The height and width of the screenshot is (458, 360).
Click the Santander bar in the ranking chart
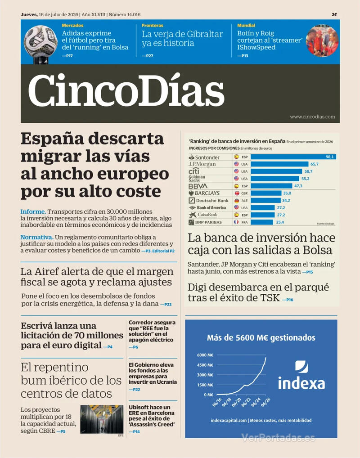pyautogui.click(x=293, y=157)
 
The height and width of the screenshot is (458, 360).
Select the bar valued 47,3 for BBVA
pyautogui.click(x=271, y=186)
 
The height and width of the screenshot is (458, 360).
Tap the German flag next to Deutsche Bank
pyautogui.click(x=236, y=200)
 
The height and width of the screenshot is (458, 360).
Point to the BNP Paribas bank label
pyautogui.click(x=205, y=222)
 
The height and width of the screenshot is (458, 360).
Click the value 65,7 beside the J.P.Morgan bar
pyautogui.click(x=315, y=164)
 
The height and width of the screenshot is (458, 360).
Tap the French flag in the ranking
pyautogui.click(x=236, y=222)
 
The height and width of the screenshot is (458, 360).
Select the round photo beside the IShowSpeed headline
pyautogui.click(x=322, y=41)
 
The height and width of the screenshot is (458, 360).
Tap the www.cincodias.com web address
pyautogui.click(x=312, y=117)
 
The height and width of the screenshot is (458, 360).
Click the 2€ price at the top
pyautogui.click(x=334, y=14)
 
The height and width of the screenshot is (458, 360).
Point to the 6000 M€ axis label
pyautogui.click(x=205, y=355)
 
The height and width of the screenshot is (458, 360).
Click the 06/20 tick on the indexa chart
pyautogui.click(x=236, y=402)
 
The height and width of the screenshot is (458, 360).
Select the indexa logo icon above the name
pyautogui.click(x=301, y=367)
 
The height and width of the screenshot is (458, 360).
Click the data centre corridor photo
pyautogui.click(x=102, y=419)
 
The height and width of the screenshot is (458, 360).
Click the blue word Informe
pyautogui.click(x=33, y=211)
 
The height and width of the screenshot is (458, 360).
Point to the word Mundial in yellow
pyautogui.click(x=246, y=25)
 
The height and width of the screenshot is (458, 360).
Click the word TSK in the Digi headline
pyautogui.click(x=270, y=298)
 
